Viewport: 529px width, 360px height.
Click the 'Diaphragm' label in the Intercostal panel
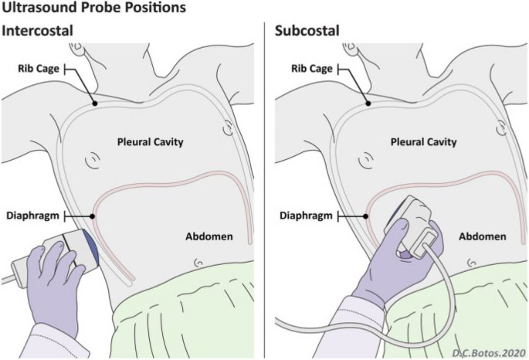coord(30,214)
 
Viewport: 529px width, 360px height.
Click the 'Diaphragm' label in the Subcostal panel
coord(303,214)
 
